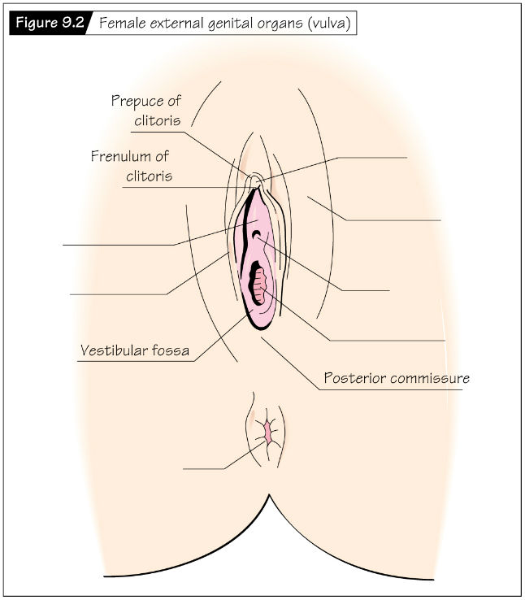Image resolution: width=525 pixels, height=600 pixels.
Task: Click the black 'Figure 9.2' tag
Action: point(50,23)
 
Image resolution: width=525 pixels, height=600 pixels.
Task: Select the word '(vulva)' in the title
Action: point(329,24)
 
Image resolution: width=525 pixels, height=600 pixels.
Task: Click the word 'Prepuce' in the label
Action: point(133,102)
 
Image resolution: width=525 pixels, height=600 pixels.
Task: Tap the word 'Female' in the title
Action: point(123,23)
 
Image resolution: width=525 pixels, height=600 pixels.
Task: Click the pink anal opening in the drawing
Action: point(267,431)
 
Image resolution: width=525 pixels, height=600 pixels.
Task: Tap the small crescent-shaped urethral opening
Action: point(257,234)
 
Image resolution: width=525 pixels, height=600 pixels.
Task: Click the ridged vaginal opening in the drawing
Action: point(258,284)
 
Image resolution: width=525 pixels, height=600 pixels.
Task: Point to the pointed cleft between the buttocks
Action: point(269,495)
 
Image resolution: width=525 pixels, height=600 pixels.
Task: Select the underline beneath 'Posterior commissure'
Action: point(390,390)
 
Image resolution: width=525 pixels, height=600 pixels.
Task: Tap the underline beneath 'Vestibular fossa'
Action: point(136,361)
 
